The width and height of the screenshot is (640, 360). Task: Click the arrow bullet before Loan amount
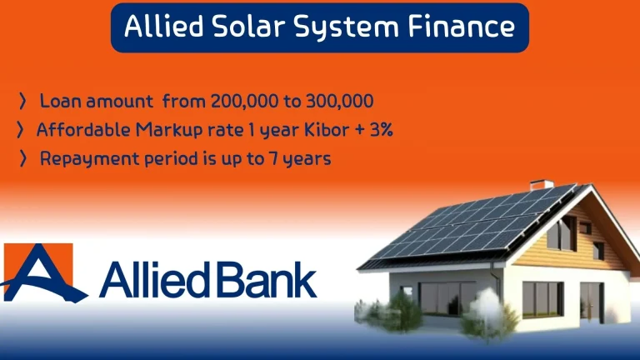(x=22, y=102)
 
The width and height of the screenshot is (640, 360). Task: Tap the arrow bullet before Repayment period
(x=22, y=158)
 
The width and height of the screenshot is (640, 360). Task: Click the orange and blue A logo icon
(x=40, y=273)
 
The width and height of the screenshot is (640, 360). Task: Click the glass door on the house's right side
(x=592, y=300)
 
